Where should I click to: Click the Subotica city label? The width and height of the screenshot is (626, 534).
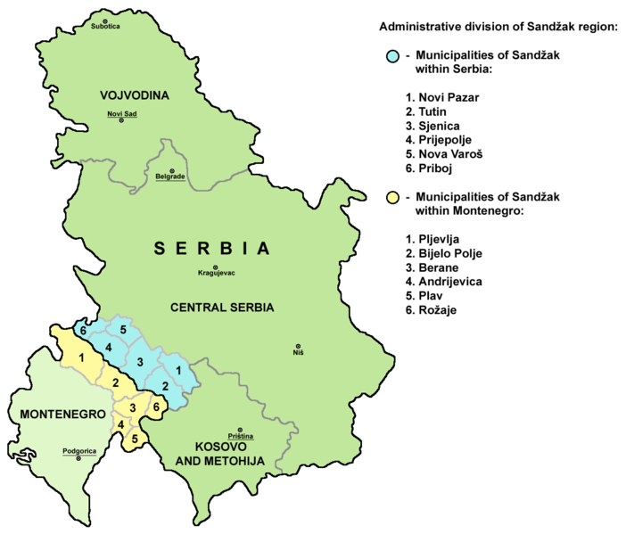104,27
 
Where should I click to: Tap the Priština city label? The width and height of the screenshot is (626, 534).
241,436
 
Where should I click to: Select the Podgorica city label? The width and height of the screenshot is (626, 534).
78,451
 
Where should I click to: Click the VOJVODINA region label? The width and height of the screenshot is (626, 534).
135,94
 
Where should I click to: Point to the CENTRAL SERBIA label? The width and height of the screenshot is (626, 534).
222,308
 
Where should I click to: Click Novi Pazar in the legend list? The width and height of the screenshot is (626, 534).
441,95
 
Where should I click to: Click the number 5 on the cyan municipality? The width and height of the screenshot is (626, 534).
123,329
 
